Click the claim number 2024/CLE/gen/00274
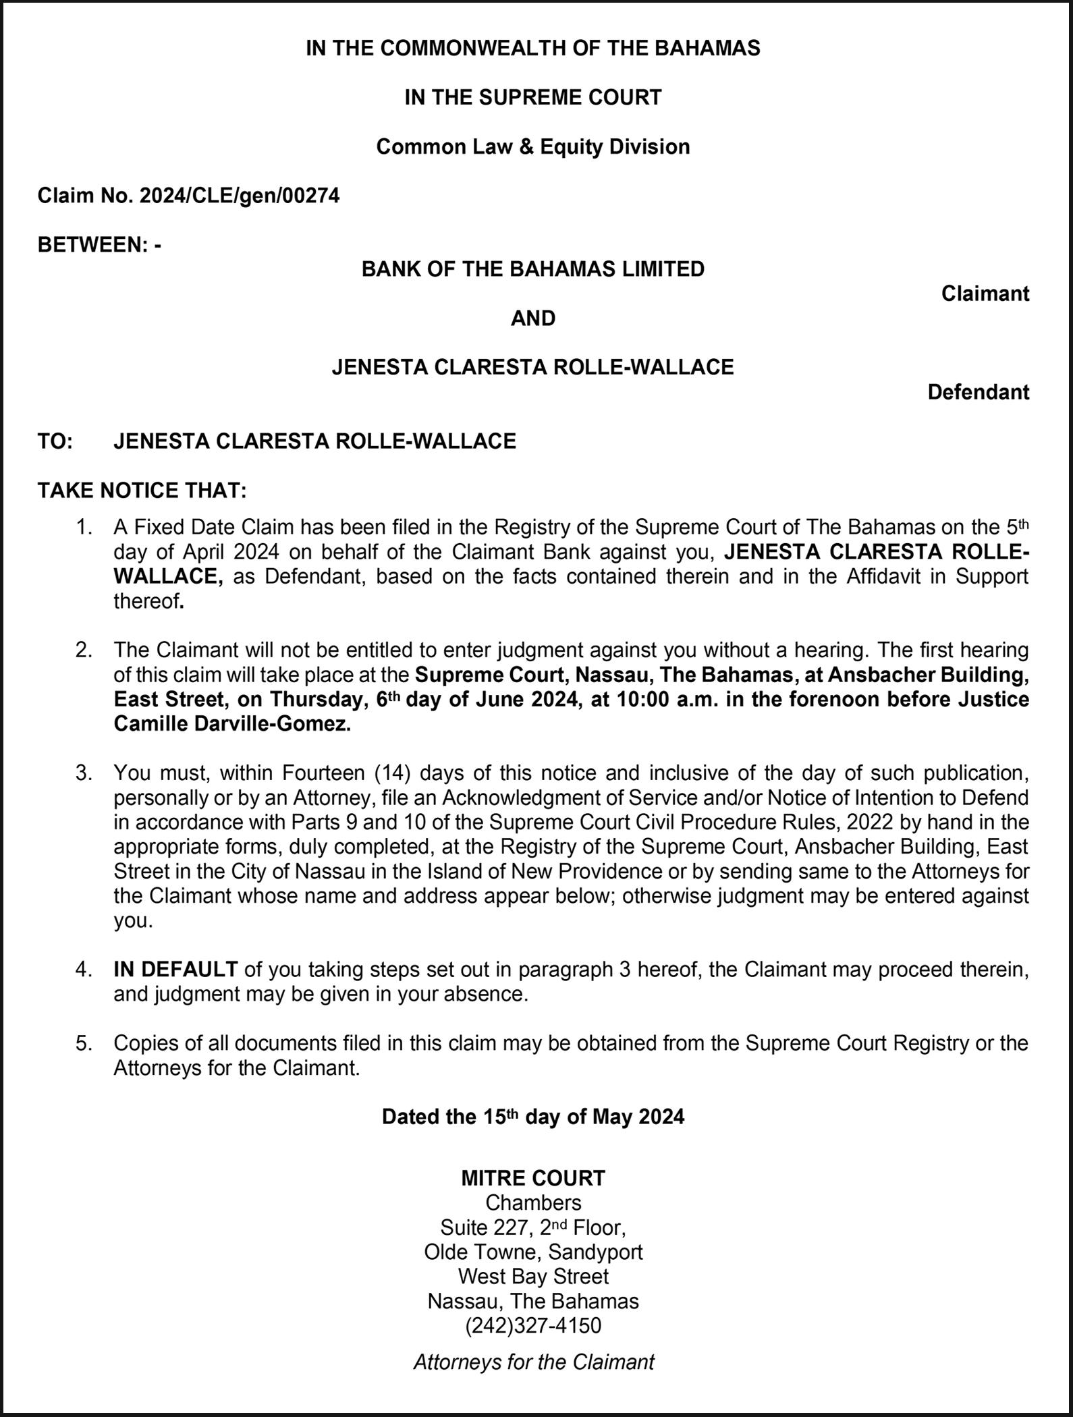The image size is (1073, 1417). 239,196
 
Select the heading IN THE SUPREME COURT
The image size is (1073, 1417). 533,97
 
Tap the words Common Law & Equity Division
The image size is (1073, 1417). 533,146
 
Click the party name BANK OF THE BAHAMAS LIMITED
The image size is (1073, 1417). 533,269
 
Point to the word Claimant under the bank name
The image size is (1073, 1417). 985,294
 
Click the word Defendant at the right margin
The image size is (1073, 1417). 979,392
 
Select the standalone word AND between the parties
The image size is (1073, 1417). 533,318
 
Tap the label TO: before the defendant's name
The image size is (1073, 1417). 55,441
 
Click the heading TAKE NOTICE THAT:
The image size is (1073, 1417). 142,490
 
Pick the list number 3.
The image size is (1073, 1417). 84,773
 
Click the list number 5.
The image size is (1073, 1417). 84,1043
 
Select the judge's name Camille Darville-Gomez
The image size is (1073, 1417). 232,724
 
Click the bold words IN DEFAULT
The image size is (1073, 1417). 175,970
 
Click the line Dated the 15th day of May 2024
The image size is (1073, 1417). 533,1117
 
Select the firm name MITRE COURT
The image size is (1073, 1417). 533,1178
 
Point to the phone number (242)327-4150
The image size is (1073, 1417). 533,1325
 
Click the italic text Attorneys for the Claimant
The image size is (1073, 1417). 533,1362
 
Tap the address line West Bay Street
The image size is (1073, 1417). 533,1276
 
